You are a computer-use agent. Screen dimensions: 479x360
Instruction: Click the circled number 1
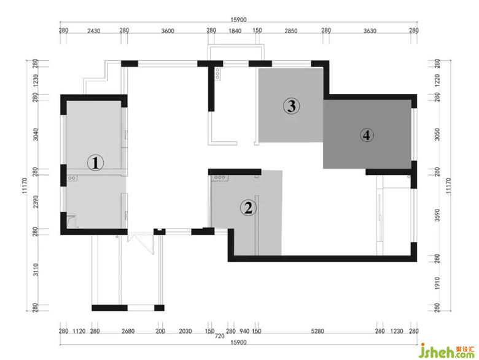[x=96, y=162]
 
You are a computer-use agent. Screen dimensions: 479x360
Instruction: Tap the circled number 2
[x=248, y=208]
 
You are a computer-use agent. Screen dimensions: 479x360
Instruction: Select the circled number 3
[x=292, y=106]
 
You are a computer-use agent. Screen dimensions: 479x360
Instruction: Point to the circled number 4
[x=367, y=135]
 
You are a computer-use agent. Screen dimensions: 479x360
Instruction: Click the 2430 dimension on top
[x=94, y=31]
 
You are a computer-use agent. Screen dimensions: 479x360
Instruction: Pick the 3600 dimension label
[x=168, y=31]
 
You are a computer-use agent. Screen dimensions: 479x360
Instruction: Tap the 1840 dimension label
[x=235, y=31]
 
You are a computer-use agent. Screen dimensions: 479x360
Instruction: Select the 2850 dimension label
[x=291, y=31]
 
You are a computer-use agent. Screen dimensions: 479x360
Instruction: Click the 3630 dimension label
[x=370, y=31]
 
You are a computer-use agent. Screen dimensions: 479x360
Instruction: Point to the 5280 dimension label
[x=317, y=331]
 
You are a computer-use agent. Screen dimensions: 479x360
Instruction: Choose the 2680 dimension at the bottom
[x=128, y=331]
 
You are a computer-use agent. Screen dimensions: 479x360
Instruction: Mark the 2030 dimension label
[x=185, y=331]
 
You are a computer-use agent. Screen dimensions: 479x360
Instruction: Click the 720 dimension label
[x=220, y=336]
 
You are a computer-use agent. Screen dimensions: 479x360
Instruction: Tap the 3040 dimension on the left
[x=36, y=135]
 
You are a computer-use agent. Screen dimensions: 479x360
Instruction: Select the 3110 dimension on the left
[x=36, y=270]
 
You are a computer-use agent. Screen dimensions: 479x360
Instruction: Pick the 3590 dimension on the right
[x=437, y=215]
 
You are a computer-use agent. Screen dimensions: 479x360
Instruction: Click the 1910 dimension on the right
[x=437, y=283]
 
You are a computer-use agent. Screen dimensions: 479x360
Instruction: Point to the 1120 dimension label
[x=79, y=331]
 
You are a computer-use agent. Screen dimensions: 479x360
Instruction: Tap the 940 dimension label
[x=244, y=331]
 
